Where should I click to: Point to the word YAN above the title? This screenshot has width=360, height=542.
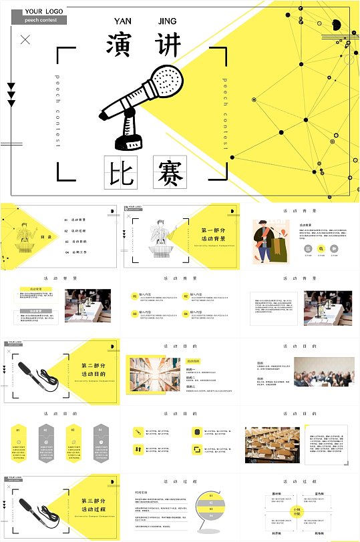click(124, 21)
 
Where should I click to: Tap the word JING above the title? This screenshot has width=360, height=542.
click(168, 21)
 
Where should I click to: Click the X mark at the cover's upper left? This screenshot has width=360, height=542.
click(25, 40)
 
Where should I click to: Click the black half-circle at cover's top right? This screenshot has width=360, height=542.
click(337, 25)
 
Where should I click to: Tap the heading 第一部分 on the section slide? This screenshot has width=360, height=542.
click(213, 230)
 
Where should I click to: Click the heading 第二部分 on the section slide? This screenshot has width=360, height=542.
click(94, 366)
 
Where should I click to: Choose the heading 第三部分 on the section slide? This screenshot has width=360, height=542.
click(94, 501)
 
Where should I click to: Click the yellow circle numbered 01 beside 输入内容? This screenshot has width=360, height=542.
click(134, 296)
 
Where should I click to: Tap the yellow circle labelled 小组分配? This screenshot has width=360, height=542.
click(297, 511)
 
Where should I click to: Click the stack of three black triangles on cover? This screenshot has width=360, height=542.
click(11, 95)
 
